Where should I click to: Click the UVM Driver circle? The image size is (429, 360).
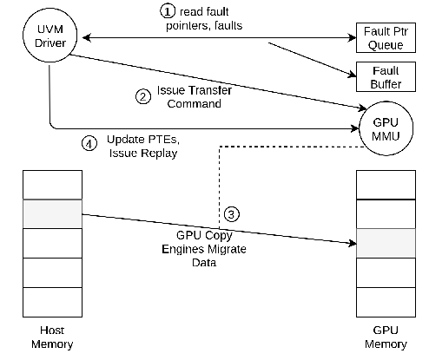tap(49, 36)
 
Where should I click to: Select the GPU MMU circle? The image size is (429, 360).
tap(384, 128)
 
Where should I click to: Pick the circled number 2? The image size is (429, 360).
tap(143, 97)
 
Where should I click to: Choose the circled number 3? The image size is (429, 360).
tap(230, 213)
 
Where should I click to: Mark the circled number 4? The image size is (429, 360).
tap(88, 143)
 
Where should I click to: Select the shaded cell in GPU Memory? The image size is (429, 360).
tap(384, 243)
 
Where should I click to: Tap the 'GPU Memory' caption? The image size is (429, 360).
tap(384, 338)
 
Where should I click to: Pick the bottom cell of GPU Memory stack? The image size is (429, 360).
tap(384, 300)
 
